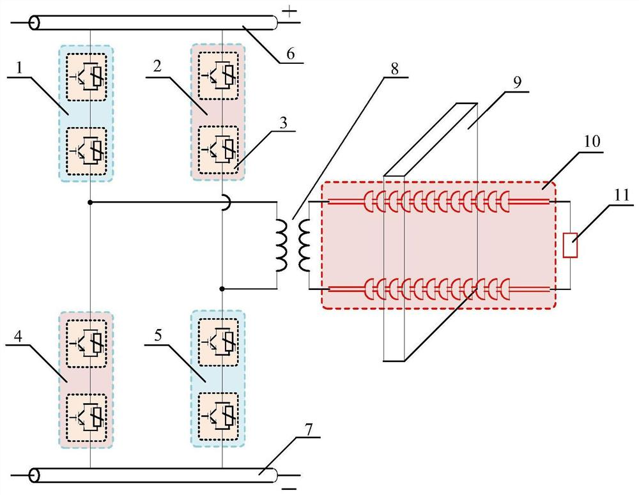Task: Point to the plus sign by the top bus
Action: click(x=290, y=10)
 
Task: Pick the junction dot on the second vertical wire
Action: click(x=221, y=289)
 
